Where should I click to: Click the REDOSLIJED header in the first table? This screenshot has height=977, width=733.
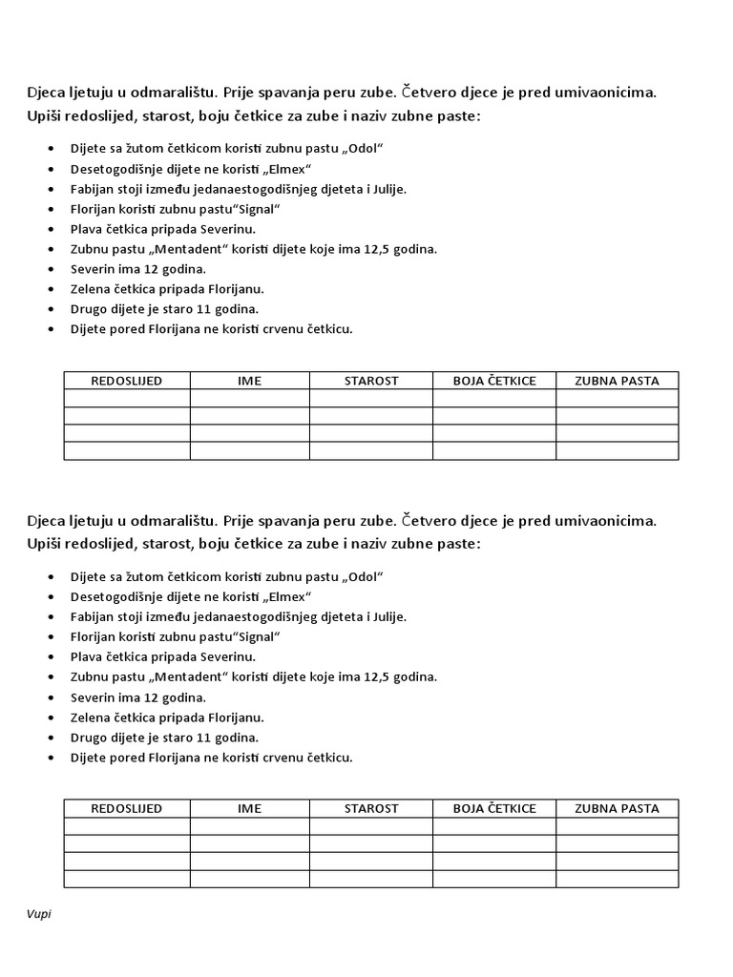126,381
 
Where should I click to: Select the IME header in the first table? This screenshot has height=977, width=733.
249,381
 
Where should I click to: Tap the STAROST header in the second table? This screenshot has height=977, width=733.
371,808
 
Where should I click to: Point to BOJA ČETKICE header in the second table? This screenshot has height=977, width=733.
494,808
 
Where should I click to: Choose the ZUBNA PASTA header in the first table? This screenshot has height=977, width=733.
617,381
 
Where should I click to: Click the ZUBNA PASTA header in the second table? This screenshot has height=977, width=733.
617,808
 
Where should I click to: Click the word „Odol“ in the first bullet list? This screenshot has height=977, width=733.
363,149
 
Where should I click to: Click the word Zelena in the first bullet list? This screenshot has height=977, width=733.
90,289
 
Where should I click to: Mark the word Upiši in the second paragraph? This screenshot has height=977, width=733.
43,543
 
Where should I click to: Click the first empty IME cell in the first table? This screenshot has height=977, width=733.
249,398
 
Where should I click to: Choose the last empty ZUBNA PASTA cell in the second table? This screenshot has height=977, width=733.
617,879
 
